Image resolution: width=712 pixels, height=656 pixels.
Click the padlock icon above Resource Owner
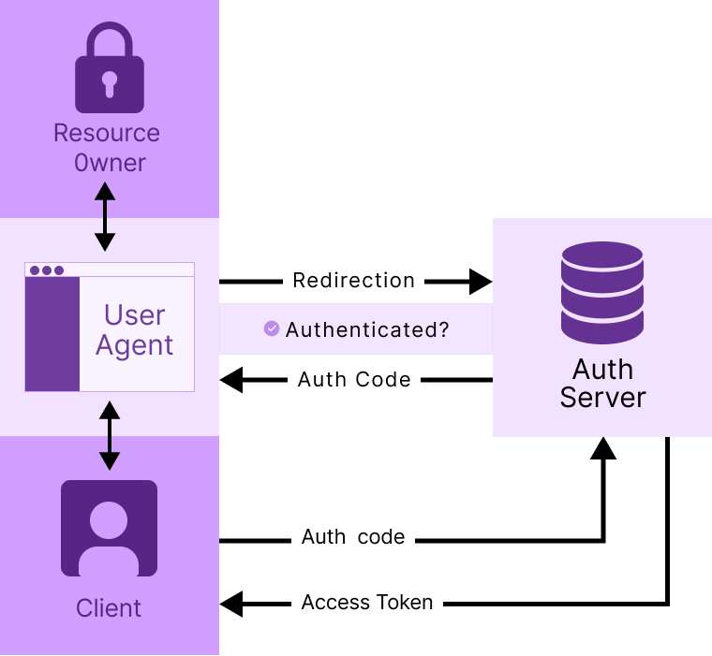[x=109, y=70]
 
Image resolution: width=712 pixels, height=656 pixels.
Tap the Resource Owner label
[x=107, y=148]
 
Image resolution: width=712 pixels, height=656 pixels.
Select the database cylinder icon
[x=601, y=292]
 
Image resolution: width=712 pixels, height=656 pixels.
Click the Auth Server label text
[x=602, y=383]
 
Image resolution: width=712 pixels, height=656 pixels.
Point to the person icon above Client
[x=109, y=528]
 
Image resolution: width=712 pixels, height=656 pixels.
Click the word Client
[x=109, y=608]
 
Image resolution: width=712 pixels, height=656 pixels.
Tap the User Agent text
[x=135, y=330]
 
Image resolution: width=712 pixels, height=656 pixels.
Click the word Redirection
[x=353, y=281]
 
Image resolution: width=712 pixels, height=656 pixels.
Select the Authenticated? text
[x=367, y=329]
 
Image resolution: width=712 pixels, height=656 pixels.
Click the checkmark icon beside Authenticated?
[x=272, y=328]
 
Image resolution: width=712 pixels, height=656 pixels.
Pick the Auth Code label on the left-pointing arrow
[x=354, y=380]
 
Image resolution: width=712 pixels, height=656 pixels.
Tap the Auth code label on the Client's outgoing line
[x=353, y=538]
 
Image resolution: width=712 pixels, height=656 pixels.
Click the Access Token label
[x=367, y=603]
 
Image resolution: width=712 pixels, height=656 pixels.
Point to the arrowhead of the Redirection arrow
[x=481, y=281]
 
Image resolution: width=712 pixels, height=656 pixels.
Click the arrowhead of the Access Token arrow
[x=231, y=604]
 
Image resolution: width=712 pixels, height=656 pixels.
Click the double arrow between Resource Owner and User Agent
[x=105, y=217]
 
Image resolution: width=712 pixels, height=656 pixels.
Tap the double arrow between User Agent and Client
[x=110, y=435]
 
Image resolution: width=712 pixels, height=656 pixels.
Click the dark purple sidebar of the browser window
[x=52, y=333]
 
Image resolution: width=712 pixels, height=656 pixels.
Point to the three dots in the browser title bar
[x=47, y=270]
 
